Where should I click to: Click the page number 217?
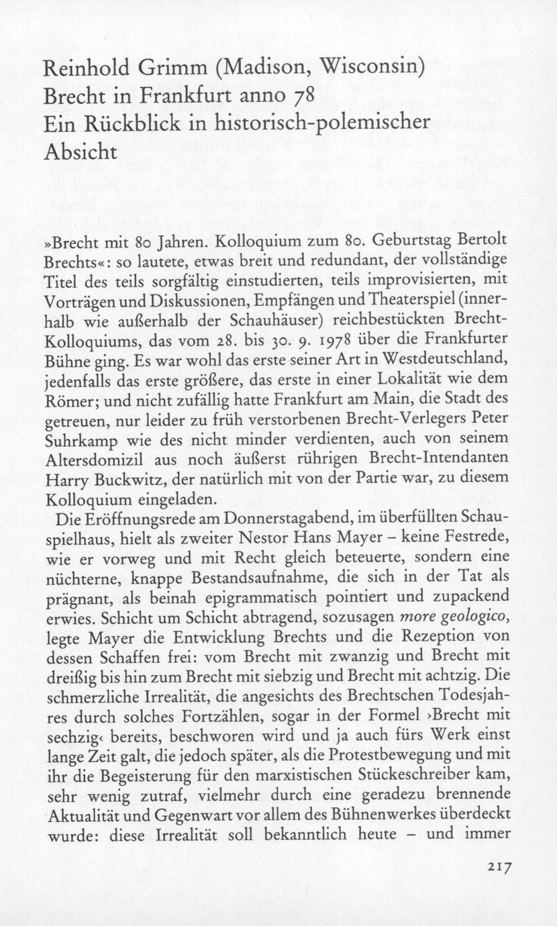(500, 867)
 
